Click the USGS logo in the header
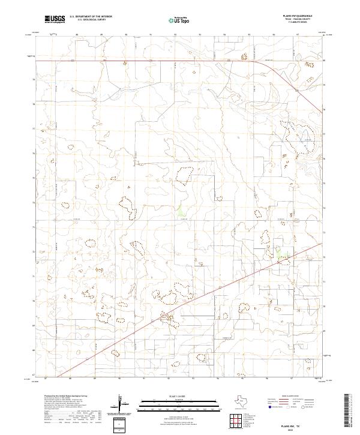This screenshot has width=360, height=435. tap(55, 19)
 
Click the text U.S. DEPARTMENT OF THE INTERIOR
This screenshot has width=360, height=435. tap(91, 17)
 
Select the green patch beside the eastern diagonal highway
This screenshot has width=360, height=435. tap(280, 254)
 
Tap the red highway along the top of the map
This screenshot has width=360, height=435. tap(150, 61)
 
